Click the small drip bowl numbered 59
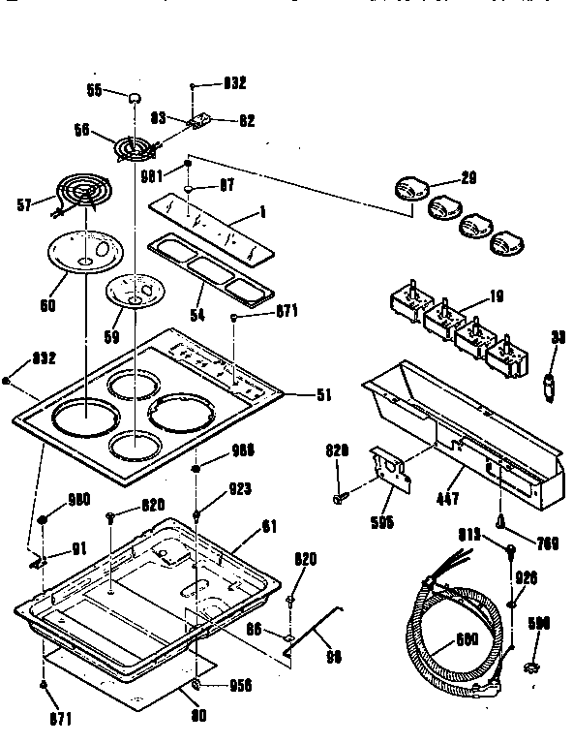click(136, 291)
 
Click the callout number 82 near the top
click(247, 121)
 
